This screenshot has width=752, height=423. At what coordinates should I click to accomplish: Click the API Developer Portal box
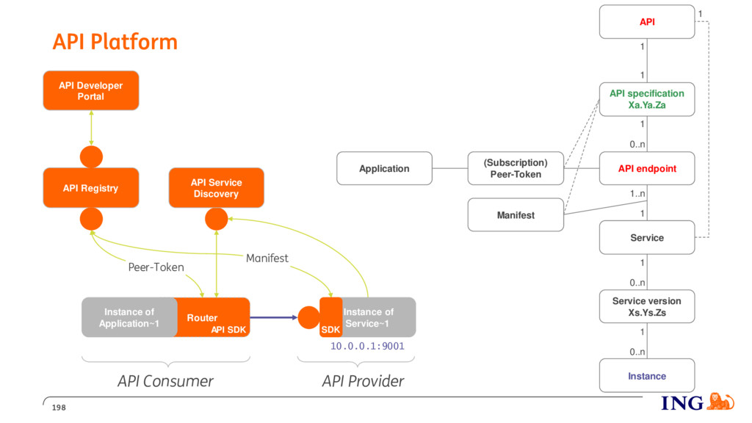click(91, 90)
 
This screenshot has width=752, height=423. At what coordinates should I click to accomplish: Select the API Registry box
click(91, 187)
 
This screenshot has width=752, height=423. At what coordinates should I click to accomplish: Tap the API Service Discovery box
click(217, 187)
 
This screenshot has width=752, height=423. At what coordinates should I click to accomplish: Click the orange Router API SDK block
click(211, 317)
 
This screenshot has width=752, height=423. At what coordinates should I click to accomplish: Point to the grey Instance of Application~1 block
click(128, 317)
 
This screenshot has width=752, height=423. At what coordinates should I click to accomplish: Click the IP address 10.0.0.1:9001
click(367, 346)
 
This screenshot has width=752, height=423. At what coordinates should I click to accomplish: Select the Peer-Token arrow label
click(156, 267)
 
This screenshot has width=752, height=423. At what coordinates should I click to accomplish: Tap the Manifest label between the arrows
click(267, 258)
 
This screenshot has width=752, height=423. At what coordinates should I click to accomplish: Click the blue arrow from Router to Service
click(274, 317)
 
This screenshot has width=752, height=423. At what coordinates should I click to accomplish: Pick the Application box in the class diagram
click(384, 168)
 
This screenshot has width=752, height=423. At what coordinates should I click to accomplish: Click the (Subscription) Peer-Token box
click(516, 168)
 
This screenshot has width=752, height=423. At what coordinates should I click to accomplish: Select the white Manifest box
click(516, 215)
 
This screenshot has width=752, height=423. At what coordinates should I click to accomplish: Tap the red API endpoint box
click(647, 168)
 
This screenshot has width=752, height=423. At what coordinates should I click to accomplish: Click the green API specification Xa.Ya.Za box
click(647, 99)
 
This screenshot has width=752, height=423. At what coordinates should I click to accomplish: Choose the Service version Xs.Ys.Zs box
click(647, 306)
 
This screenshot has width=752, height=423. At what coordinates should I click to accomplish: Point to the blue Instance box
click(647, 375)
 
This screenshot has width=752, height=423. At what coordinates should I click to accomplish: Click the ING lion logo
click(720, 402)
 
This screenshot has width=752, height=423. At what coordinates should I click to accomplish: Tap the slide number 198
click(59, 407)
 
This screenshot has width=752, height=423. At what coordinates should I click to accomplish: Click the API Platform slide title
click(115, 42)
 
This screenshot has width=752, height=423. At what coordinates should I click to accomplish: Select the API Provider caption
click(363, 381)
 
